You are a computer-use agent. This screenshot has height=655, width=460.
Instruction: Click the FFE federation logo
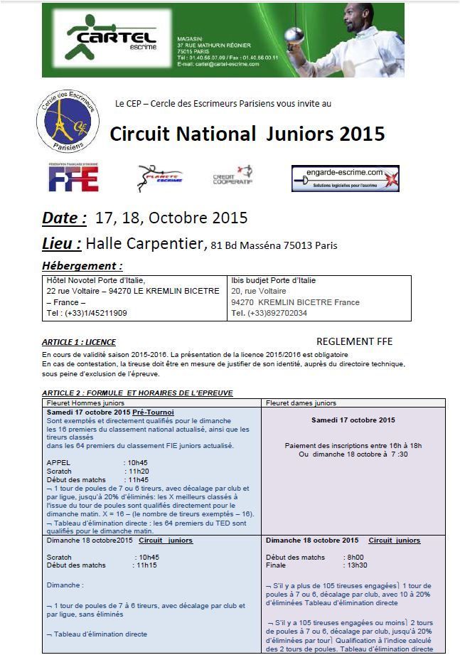coord(73,178)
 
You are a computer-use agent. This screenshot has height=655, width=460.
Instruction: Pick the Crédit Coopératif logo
coord(232,176)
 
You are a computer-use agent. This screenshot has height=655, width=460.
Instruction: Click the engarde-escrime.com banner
coord(345,178)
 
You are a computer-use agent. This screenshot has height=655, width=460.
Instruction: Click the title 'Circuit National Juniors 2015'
coord(247,134)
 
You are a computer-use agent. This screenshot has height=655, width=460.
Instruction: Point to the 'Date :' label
coord(64,218)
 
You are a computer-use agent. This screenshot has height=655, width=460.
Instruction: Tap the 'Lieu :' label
coord(61,244)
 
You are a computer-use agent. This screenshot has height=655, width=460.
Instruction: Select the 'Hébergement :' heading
coord(82,266)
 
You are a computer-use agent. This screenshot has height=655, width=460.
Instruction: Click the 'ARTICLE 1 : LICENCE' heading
coord(79,342)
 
